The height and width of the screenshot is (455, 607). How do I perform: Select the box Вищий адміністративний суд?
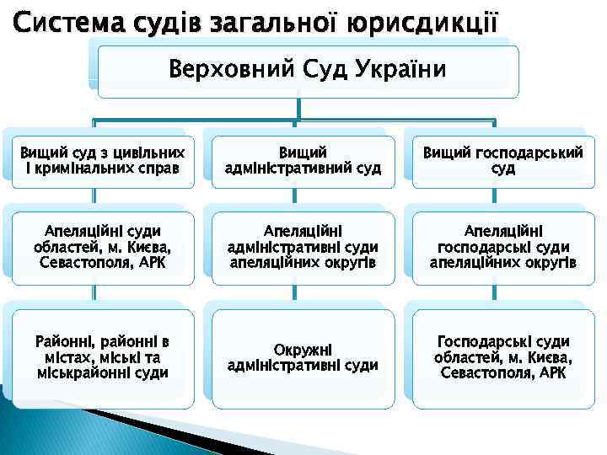click(303, 160)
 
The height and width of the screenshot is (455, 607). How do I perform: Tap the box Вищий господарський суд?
click(503, 160)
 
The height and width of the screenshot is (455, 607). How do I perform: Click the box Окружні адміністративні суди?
click(303, 357)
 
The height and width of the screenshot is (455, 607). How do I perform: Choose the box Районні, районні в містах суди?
click(102, 357)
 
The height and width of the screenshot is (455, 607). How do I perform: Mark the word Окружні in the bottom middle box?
click(303, 349)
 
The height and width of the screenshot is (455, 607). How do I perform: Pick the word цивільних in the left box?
click(148, 153)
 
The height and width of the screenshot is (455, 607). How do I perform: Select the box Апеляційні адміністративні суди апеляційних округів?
click(303, 246)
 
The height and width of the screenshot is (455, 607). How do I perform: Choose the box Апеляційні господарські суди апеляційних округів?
click(503, 246)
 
